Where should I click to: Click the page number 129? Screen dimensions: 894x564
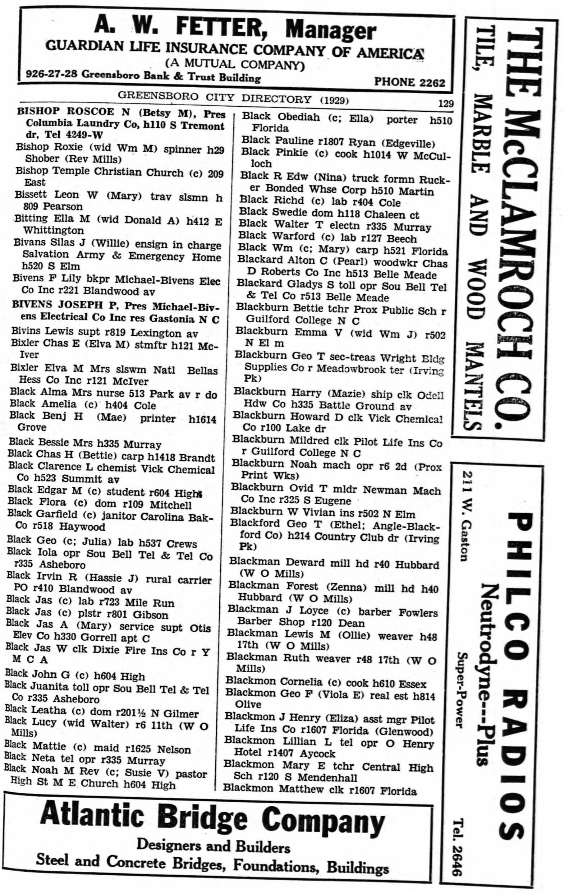(x=445, y=103)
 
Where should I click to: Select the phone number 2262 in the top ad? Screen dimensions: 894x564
(x=431, y=82)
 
